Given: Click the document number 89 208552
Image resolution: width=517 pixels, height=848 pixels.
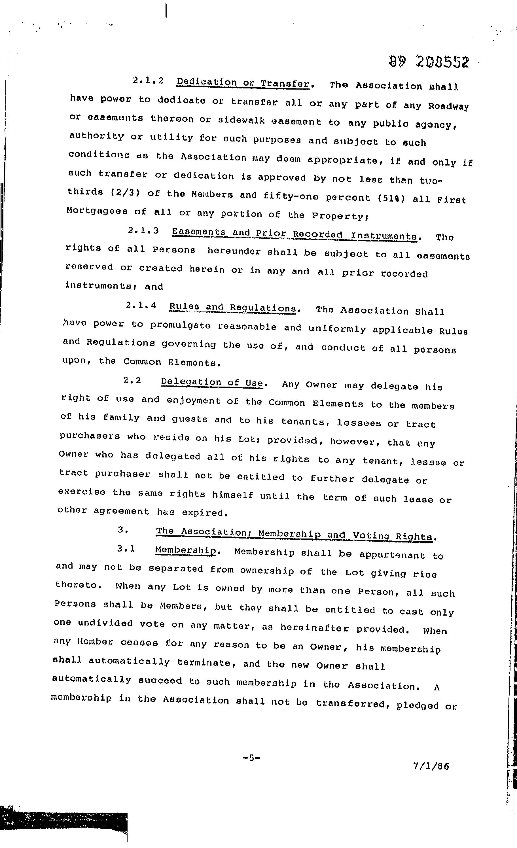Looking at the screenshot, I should pos(429,62).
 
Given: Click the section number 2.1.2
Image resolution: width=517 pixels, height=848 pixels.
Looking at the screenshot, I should pos(148,80).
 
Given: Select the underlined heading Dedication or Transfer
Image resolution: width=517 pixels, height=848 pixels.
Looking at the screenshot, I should pos(243,83).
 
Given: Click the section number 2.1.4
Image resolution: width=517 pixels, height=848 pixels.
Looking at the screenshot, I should pos(141,305).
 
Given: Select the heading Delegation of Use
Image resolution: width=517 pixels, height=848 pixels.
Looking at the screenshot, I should pos(212,382).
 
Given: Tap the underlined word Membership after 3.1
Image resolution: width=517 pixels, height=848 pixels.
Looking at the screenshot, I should pos(186,550).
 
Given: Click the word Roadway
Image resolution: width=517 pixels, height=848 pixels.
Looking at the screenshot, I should pos(448,106).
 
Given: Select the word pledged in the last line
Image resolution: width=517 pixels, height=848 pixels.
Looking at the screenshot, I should pos(418,706).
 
